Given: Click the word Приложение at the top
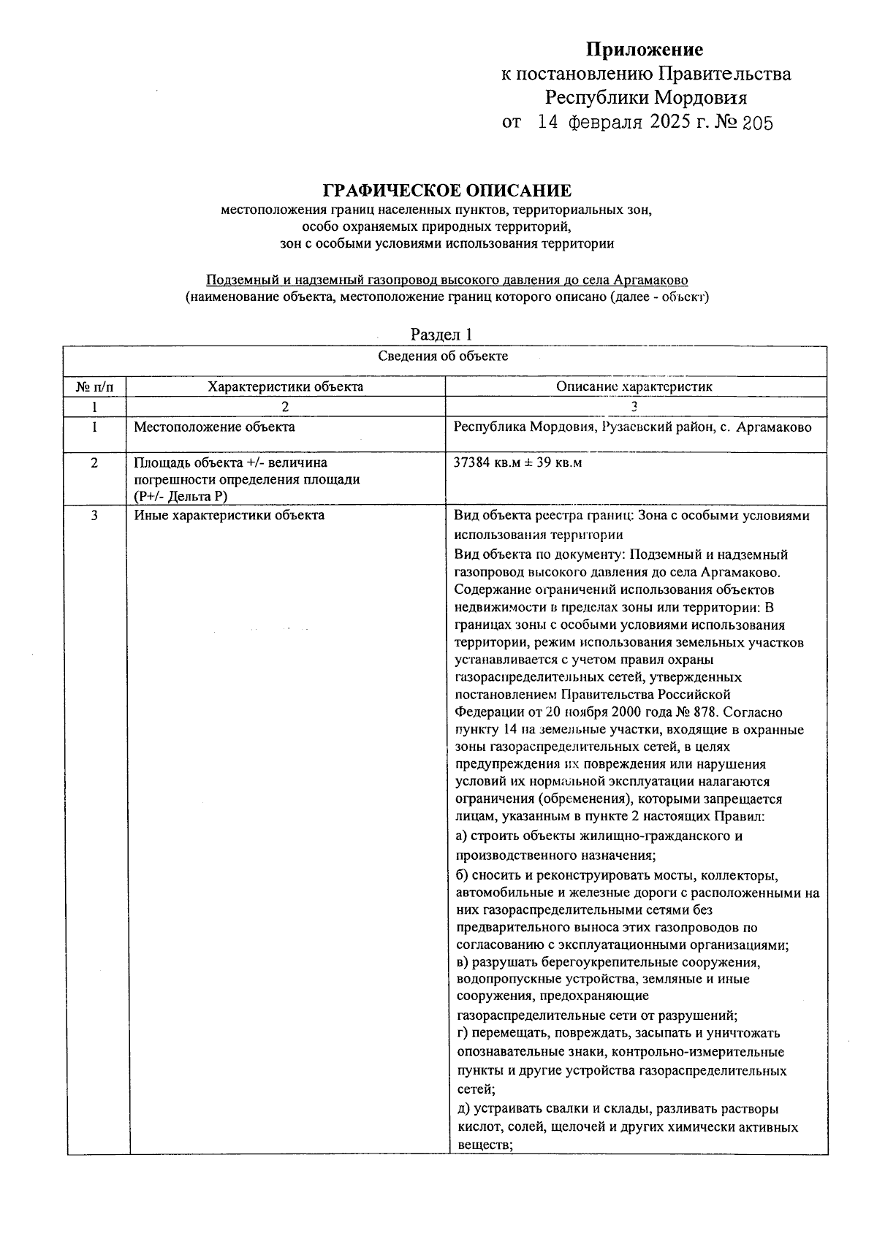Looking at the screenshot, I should (x=645, y=50).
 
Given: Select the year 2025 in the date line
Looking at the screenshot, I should (x=669, y=122).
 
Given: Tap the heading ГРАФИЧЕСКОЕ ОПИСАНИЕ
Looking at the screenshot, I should (x=447, y=191).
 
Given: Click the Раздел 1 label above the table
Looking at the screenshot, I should (x=442, y=335).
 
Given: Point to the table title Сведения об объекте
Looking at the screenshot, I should (x=443, y=356).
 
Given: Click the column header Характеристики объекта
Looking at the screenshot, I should (x=285, y=386).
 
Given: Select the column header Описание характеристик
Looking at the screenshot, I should (x=634, y=386).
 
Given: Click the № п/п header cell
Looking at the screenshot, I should (x=95, y=386).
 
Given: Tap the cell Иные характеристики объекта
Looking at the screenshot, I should (x=229, y=516).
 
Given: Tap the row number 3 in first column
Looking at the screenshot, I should (x=95, y=516).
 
